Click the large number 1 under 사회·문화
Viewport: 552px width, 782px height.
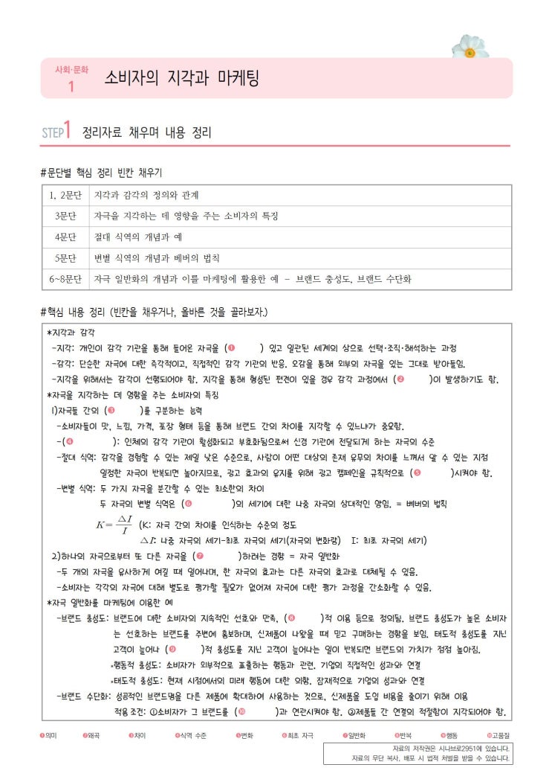click(71, 86)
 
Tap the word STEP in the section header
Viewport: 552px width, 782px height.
click(51, 133)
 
